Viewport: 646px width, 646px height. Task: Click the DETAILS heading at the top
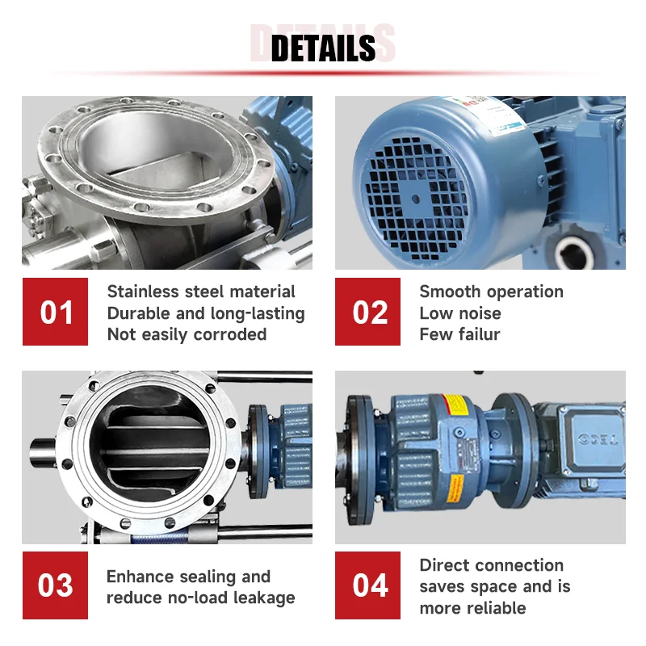tap(323, 48)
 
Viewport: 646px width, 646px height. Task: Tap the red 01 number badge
tap(55, 312)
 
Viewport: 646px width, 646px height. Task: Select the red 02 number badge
tap(368, 312)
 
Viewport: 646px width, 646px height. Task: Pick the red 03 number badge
tap(55, 585)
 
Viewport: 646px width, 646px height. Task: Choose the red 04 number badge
tap(368, 585)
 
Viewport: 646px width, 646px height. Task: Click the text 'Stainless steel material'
tap(201, 292)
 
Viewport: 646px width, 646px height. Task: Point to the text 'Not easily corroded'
tap(187, 333)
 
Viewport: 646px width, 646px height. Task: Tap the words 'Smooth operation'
tap(491, 292)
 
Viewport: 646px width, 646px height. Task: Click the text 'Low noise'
tap(459, 313)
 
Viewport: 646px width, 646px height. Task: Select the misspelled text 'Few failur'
tap(459, 333)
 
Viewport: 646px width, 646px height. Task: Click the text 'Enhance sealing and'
tap(188, 576)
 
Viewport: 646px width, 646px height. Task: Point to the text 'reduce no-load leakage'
tap(200, 598)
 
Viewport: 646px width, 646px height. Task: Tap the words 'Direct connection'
tap(491, 565)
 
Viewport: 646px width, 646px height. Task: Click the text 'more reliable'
tap(472, 608)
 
